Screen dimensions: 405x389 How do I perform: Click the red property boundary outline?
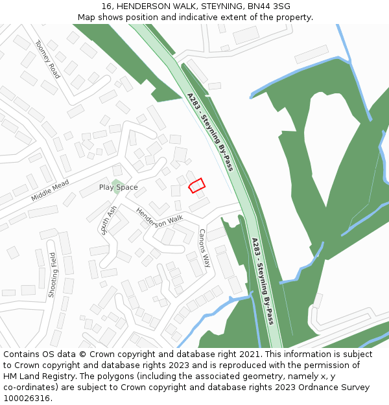[196, 185]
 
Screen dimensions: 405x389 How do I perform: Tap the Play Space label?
[118, 187]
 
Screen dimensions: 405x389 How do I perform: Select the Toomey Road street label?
[47, 59]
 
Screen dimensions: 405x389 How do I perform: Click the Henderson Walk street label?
[159, 217]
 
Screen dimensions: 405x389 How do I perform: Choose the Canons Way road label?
[204, 248]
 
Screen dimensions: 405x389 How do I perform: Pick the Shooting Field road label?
[53, 275]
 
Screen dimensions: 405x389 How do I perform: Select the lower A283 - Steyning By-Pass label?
[263, 281]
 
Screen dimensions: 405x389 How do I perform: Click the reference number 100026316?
[27, 399]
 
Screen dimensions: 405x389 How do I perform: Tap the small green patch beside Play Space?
[116, 187]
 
